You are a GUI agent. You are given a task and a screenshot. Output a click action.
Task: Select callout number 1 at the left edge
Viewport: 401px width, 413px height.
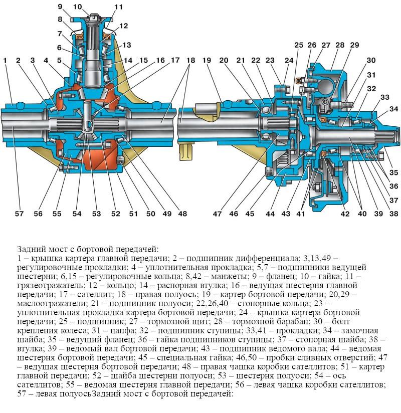(x=5, y=61)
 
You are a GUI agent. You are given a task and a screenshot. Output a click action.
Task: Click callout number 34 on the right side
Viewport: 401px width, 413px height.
(x=394, y=109)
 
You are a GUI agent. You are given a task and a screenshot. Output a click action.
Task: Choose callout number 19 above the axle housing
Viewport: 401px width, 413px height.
(x=208, y=61)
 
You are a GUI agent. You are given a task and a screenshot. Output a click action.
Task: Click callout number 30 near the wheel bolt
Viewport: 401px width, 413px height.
(x=371, y=61)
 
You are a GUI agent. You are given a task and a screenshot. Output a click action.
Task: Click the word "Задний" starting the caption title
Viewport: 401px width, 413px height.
(x=29, y=249)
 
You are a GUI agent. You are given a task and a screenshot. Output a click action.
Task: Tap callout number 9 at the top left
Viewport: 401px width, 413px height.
(x=60, y=7)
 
